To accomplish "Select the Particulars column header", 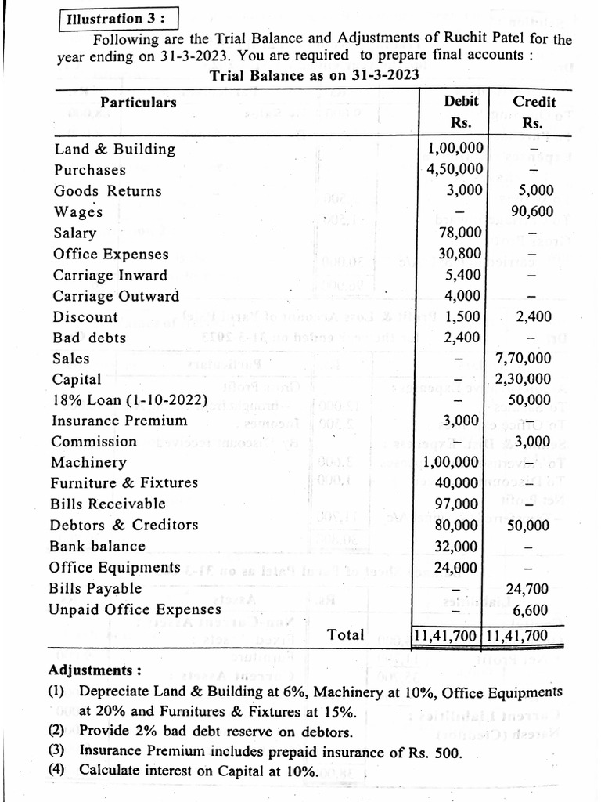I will pyautogui.click(x=138, y=103).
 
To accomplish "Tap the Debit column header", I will pyautogui.click(x=461, y=101).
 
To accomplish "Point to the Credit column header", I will pyautogui.click(x=534, y=102).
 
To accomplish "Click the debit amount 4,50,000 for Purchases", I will pyautogui.click(x=455, y=169).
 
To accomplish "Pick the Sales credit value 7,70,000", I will pyautogui.click(x=524, y=359).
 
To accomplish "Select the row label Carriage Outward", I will pyautogui.click(x=116, y=296).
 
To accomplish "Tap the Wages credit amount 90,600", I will pyautogui.click(x=531, y=211).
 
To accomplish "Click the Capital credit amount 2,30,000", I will pyautogui.click(x=524, y=379).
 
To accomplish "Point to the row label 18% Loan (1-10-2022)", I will pyautogui.click(x=130, y=400).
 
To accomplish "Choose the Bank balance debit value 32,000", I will pyautogui.click(x=462, y=546).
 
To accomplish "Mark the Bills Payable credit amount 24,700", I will pyautogui.click(x=528, y=589).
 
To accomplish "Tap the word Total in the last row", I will pyautogui.click(x=346, y=635).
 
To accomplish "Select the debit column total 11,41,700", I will pyautogui.click(x=448, y=636).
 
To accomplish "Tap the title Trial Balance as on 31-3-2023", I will pyautogui.click(x=314, y=75).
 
